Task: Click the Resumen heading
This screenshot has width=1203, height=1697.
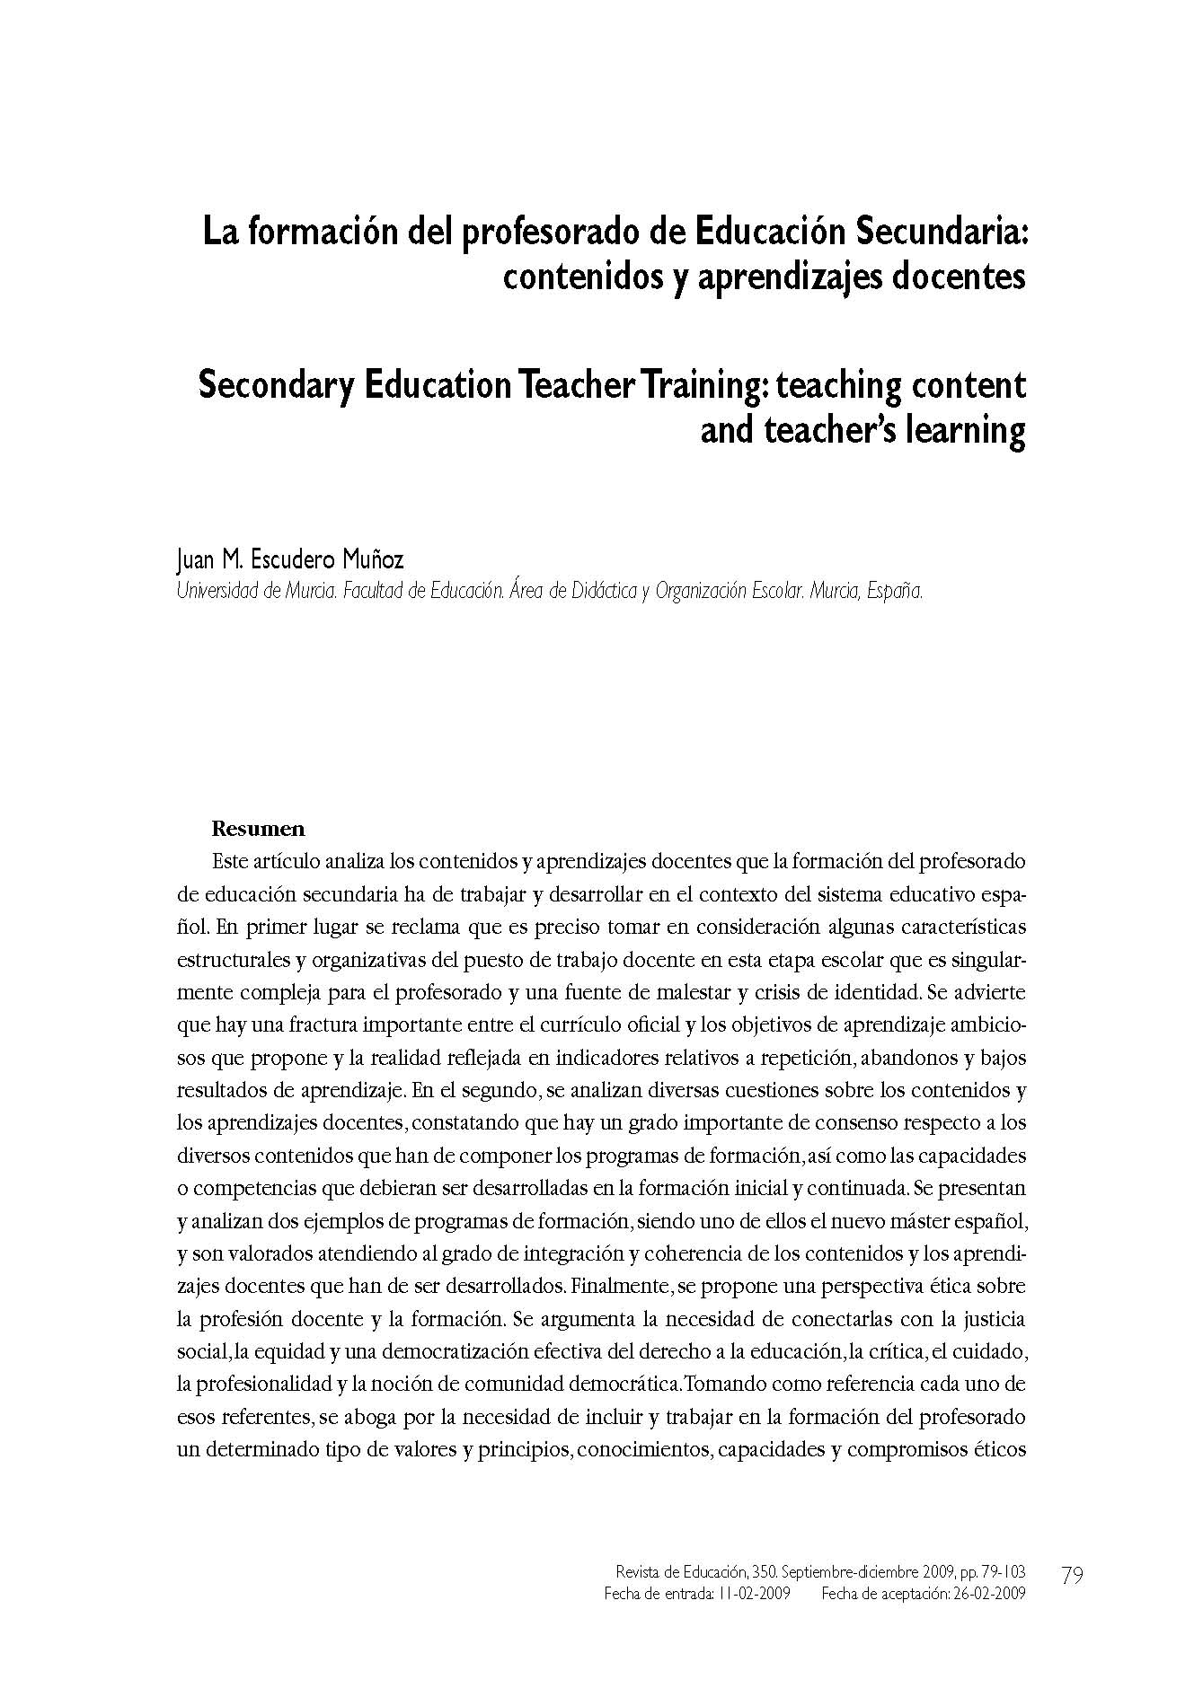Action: coord(258,829)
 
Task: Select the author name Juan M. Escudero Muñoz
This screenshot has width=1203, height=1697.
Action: coord(289,560)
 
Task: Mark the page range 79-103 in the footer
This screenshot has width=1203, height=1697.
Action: coord(998,1572)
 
